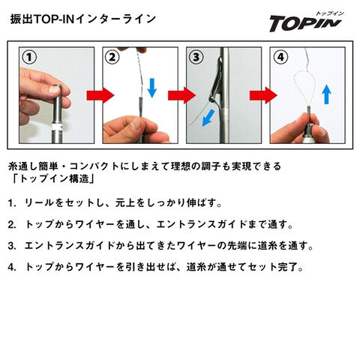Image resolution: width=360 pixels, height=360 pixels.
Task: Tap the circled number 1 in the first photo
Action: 29,57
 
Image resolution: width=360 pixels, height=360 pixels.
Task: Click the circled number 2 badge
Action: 112,57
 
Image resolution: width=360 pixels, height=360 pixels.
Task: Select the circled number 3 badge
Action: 196,57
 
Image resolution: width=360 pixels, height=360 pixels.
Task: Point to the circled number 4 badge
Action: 280,57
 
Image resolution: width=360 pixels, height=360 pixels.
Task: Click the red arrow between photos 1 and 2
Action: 100,95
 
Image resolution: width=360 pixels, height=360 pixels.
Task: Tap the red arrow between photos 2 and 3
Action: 181,95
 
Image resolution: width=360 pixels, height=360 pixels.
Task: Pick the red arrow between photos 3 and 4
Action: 263,95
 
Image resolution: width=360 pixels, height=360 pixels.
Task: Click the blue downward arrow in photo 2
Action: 151,88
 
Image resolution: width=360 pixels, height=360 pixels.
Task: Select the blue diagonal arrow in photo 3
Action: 208,118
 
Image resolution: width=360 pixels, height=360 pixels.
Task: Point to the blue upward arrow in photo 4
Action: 326,94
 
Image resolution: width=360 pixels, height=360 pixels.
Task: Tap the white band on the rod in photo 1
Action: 57,127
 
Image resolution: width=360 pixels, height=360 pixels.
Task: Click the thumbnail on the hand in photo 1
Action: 55,89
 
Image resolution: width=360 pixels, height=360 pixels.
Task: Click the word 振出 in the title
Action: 22,19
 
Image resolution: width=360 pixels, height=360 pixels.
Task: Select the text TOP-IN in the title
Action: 54,19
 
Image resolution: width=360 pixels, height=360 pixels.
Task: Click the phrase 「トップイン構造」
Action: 53,178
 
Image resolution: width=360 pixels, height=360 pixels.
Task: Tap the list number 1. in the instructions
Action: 12,203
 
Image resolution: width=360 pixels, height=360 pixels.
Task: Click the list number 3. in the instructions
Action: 12,246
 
